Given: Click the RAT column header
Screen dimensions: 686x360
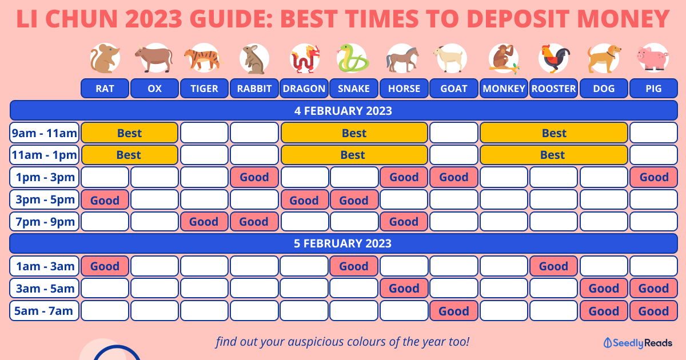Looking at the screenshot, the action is [105, 89].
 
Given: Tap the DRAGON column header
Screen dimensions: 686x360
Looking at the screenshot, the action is [304, 89].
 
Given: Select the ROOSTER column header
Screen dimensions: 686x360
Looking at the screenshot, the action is [553, 89].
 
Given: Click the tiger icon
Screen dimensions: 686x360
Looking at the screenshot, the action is [204, 58].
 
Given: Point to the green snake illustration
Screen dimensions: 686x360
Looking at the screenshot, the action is [353, 58].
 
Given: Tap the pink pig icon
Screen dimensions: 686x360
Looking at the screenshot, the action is [653, 58].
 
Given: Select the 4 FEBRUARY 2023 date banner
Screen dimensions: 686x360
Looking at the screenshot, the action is [344, 110].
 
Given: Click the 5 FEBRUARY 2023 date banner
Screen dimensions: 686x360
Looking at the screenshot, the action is [344, 243].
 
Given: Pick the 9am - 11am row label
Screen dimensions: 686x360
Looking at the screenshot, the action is [45, 133].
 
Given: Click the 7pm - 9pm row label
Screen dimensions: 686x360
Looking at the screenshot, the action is [45, 221].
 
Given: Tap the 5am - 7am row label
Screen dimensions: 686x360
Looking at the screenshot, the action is [45, 311].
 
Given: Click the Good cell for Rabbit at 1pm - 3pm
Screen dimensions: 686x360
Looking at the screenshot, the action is [254, 177].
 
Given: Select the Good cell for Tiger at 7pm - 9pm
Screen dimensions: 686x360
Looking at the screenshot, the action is [204, 221].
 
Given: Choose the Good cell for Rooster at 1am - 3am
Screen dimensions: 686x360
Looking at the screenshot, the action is [553, 266].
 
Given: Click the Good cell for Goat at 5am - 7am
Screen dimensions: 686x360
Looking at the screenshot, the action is [454, 311].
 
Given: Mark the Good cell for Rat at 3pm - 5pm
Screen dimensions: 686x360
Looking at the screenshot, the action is [105, 199].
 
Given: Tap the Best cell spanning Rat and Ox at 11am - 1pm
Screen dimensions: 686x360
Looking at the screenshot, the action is [130, 155].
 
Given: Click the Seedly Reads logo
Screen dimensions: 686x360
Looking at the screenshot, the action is [637, 343].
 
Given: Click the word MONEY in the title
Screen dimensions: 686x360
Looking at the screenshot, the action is [623, 19].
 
